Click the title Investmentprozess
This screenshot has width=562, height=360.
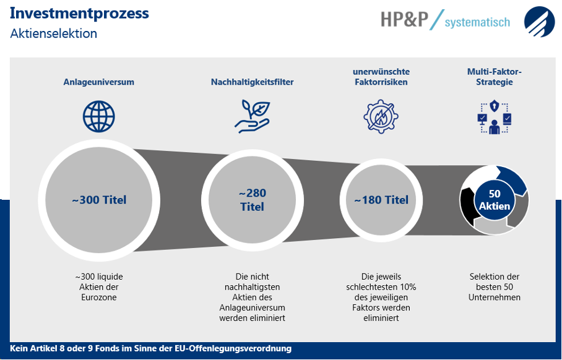[x=79, y=14]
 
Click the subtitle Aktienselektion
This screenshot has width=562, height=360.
[x=53, y=33]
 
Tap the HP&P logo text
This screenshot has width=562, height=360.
[x=404, y=19]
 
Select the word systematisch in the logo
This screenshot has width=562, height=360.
[x=477, y=22]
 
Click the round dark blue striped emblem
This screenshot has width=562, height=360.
[x=540, y=22]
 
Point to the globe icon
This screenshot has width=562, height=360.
[x=99, y=116]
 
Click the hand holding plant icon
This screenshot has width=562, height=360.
[x=253, y=116]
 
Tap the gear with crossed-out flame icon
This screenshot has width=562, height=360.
[x=381, y=116]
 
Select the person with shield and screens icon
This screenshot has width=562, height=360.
[x=495, y=117]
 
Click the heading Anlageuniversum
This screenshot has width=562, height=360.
[x=99, y=82]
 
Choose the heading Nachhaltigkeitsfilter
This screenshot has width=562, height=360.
[x=253, y=82]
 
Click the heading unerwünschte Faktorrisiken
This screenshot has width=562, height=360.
[x=381, y=77]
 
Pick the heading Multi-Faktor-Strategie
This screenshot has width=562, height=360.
[x=495, y=77]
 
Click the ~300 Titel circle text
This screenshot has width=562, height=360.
[x=99, y=200]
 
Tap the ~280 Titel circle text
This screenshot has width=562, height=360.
[x=253, y=200]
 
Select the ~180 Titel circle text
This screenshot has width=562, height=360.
[x=381, y=200]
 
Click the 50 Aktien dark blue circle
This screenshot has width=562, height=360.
[x=495, y=200]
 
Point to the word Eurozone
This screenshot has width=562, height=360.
[x=99, y=298]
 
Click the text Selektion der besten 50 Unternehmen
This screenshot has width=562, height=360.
[x=495, y=287]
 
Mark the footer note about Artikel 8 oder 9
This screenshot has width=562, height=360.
[x=150, y=348]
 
